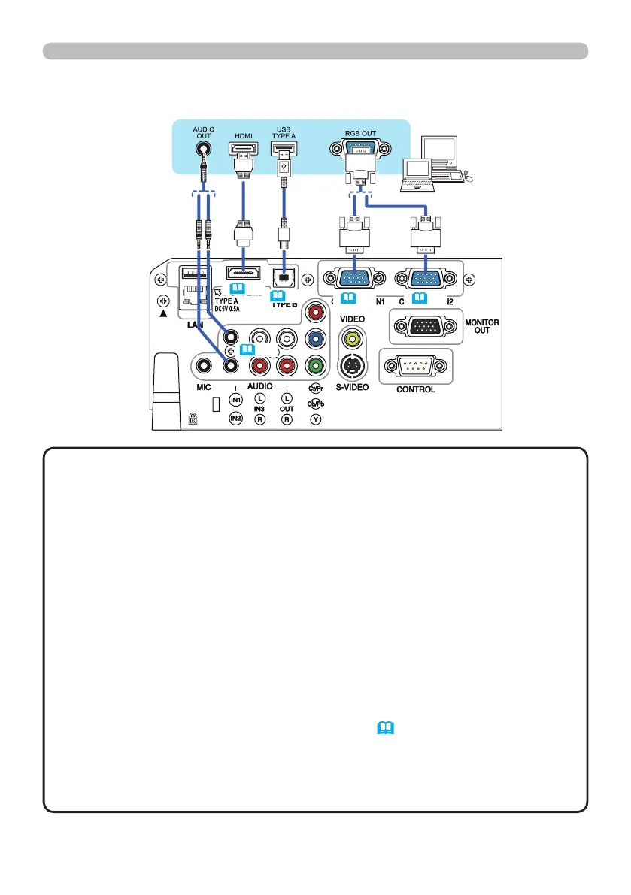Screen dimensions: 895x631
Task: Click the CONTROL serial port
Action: [415, 367]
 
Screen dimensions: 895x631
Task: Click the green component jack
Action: [315, 366]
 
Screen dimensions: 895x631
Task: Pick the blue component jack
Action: [315, 338]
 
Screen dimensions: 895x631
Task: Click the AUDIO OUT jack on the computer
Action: [203, 148]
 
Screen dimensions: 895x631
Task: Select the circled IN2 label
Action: [235, 418]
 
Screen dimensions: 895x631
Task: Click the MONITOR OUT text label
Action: [481, 325]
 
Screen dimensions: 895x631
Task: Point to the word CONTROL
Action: [415, 389]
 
